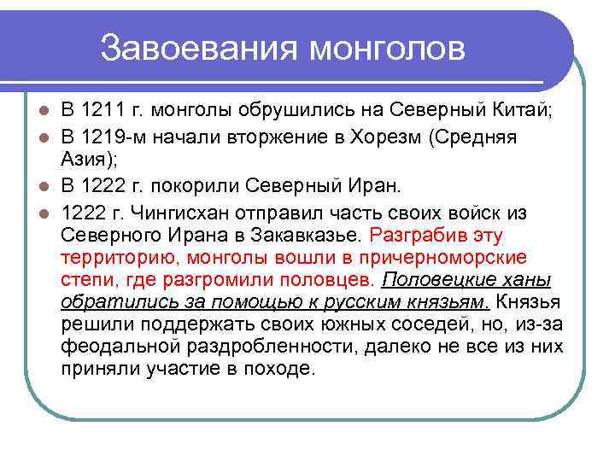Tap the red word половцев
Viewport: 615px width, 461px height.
pyautogui.click(x=330, y=280)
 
